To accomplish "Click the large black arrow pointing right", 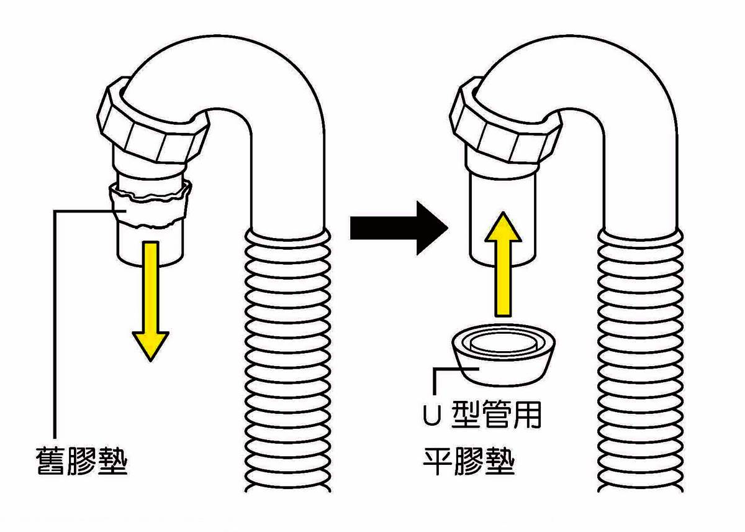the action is pyautogui.click(x=399, y=228).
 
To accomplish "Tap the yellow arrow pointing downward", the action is pyautogui.click(x=151, y=301).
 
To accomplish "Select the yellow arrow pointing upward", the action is pyautogui.click(x=503, y=264).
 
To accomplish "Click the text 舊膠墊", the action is pyautogui.click(x=82, y=461).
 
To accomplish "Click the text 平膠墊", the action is pyautogui.click(x=469, y=461).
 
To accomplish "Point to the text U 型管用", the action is pyautogui.click(x=482, y=415).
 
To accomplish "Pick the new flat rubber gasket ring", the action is pyautogui.click(x=503, y=355).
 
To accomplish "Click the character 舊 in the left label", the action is pyautogui.click(x=50, y=461).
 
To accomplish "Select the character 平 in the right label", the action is pyautogui.click(x=437, y=461).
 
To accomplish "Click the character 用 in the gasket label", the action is pyautogui.click(x=528, y=415).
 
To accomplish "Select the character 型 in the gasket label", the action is pyautogui.click(x=466, y=415).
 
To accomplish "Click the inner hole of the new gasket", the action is pyautogui.click(x=503, y=343).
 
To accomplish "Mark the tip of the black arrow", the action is pyautogui.click(x=448, y=228).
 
